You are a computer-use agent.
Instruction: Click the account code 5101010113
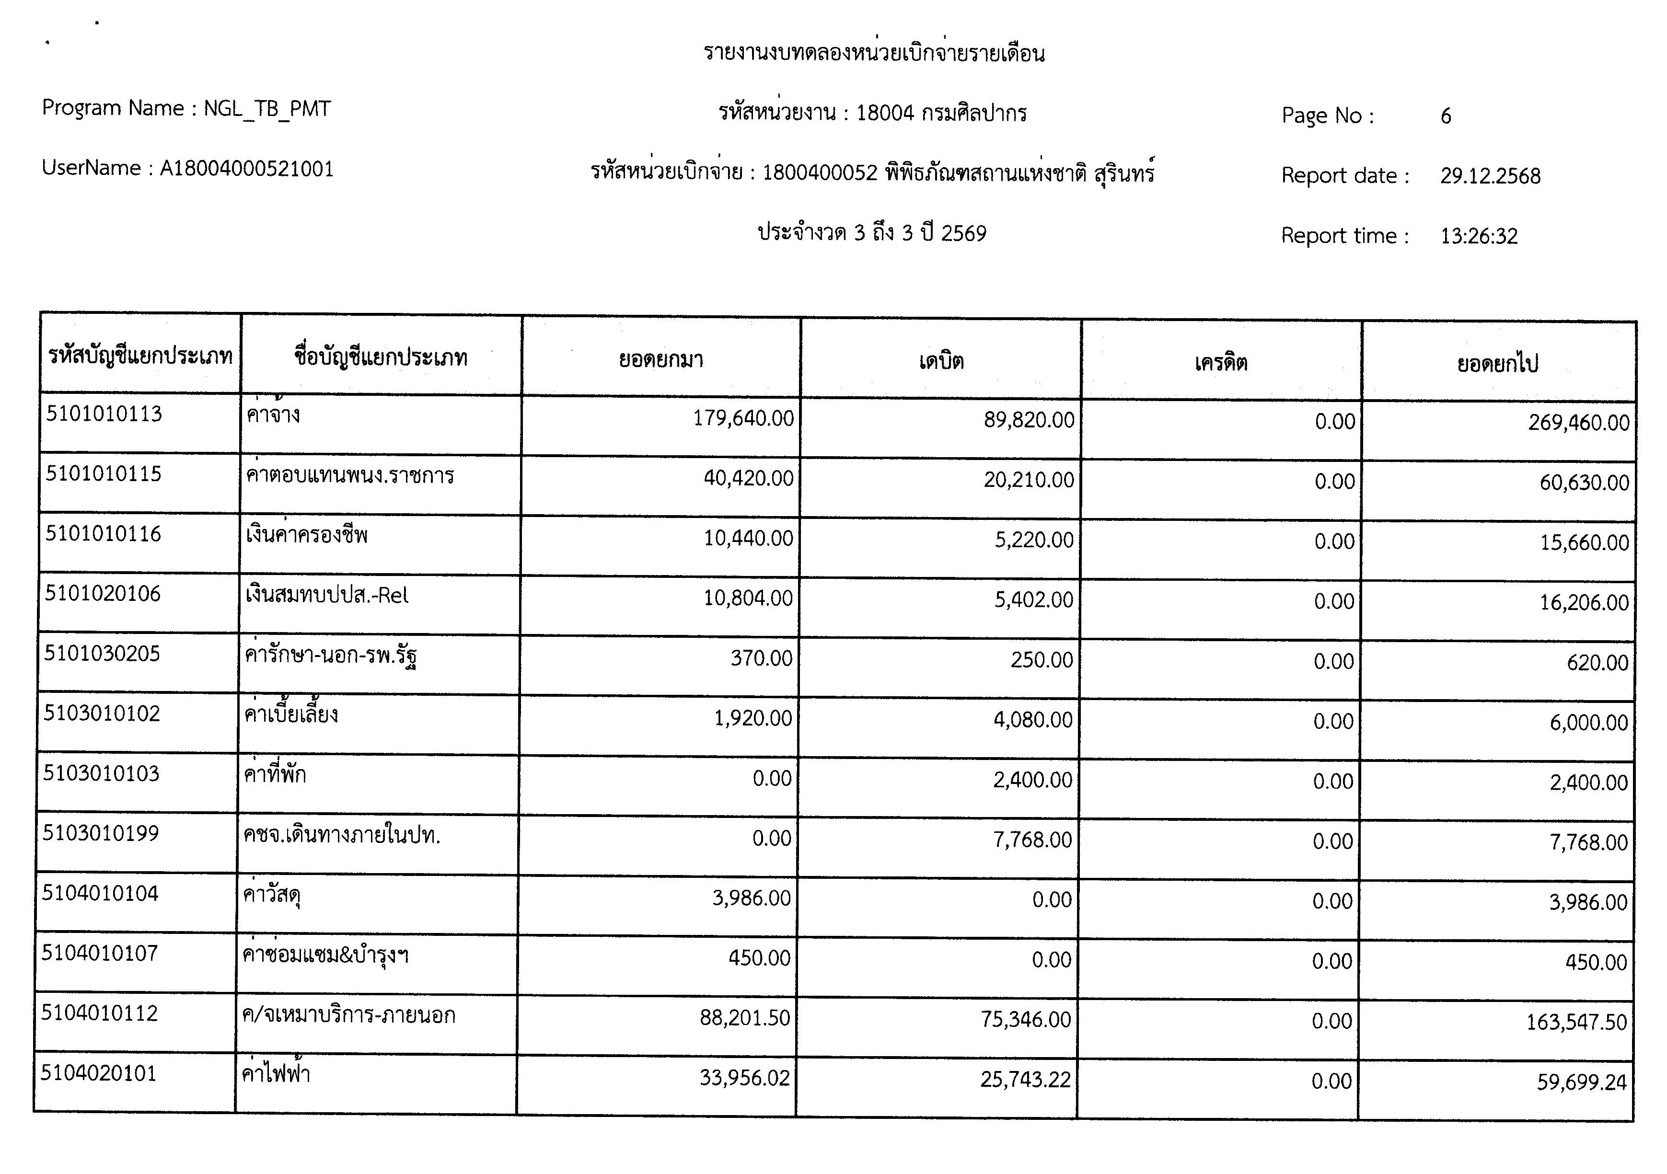[104, 414]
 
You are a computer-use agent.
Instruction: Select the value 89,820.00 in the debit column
[1029, 420]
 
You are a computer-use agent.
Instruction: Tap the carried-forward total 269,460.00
[1578, 423]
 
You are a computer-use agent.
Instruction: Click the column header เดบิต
[941, 361]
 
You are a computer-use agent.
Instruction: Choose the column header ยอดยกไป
[1497, 364]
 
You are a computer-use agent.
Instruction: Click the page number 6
[1446, 116]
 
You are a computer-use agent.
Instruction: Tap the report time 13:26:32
[1479, 236]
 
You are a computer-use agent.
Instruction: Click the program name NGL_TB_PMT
[266, 109]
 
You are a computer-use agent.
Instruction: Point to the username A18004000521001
[246, 169]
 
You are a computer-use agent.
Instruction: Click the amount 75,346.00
[1025, 1019]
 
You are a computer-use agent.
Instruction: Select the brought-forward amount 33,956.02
[744, 1077]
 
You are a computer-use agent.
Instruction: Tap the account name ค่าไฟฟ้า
[277, 1073]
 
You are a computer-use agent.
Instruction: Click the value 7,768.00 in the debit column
[1032, 840]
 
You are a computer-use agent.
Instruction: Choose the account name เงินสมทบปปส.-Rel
[327, 595]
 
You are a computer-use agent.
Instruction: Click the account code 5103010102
[102, 713]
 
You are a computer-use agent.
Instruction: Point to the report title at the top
[873, 53]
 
